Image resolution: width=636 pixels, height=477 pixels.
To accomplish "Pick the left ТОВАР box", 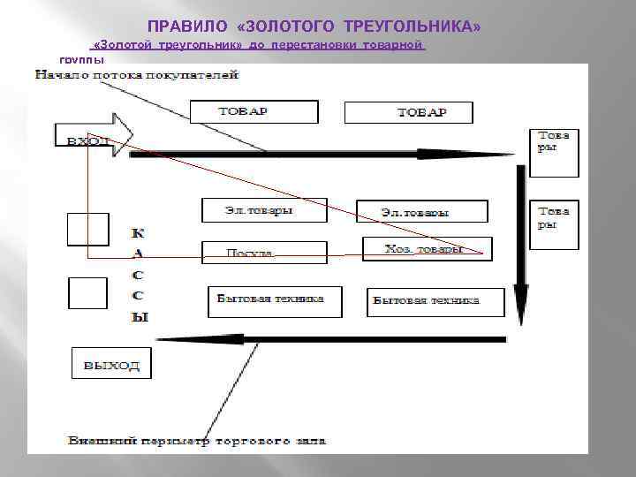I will click(254, 111).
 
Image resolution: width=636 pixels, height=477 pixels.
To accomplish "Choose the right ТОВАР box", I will click(408, 112).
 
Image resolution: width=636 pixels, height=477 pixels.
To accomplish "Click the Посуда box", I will click(252, 253).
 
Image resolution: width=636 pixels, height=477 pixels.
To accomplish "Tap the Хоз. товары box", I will click(428, 249).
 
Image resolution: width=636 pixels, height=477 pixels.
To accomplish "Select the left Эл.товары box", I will click(264, 210).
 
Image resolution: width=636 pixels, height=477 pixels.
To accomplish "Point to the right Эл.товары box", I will click(421, 211).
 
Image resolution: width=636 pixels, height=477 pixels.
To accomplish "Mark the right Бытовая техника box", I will click(435, 301).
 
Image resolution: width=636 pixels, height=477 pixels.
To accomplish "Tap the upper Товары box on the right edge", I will click(555, 152).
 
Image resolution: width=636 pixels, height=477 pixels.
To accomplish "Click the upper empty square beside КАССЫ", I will click(87, 229).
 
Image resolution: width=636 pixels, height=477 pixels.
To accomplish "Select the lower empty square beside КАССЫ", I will click(87, 292).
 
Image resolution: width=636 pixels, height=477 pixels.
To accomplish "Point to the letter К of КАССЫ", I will click(139, 233).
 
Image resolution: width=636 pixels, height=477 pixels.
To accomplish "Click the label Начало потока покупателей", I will click(137, 76).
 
